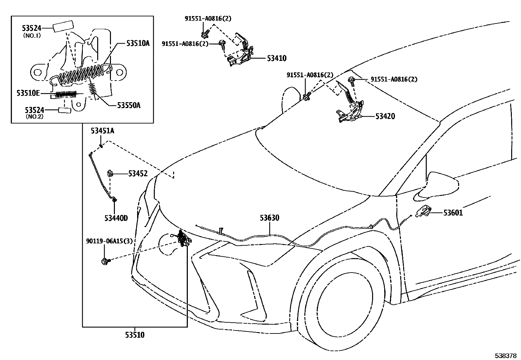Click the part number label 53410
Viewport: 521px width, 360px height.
277,58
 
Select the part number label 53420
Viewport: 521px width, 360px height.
385,116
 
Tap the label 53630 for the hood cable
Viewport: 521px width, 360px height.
270,218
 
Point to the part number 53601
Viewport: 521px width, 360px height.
453,213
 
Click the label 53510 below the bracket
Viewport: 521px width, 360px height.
135,335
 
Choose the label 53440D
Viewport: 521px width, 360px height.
116,218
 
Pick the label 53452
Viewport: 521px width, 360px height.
137,174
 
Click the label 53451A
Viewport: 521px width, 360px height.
102,131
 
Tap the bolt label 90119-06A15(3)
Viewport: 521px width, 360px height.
109,241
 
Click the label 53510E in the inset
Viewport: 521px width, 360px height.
28,93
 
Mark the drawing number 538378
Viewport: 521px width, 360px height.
505,355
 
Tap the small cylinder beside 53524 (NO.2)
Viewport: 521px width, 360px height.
65,110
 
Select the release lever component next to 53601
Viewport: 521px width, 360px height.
423,211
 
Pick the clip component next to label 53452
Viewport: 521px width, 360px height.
111,174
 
